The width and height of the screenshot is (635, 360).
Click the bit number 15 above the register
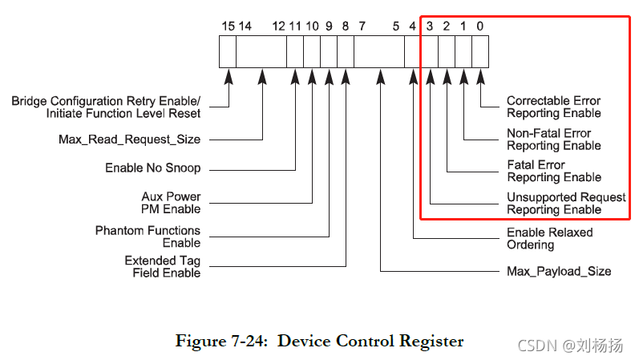(229, 26)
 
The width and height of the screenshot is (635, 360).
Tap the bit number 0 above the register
(479, 26)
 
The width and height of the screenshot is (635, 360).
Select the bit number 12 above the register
(278, 26)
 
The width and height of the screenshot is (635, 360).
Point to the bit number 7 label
(362, 26)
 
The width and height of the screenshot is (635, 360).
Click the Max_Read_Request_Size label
(129, 140)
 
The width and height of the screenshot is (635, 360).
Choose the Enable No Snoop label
(152, 168)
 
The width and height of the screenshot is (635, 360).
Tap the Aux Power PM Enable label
(171, 203)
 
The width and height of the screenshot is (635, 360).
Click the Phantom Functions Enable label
(148, 237)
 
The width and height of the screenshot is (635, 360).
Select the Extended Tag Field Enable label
(162, 267)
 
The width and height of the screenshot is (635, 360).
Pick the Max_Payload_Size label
(559, 271)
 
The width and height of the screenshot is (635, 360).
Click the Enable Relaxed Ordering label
(549, 238)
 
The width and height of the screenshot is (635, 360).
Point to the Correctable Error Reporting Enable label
(553, 107)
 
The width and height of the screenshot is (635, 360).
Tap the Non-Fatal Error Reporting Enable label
(553, 140)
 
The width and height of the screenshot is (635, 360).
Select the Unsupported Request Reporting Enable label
(566, 204)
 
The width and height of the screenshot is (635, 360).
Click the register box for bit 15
(229, 52)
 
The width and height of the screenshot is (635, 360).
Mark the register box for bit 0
(480, 52)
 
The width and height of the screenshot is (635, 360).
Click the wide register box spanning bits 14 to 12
(262, 52)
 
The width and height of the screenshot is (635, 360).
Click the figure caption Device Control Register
(319, 341)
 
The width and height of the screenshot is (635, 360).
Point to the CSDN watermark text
(570, 345)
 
